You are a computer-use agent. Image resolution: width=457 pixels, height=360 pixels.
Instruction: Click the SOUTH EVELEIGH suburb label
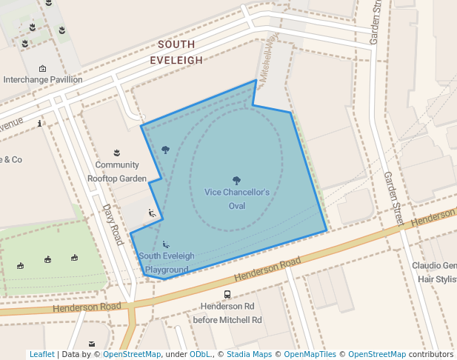176,51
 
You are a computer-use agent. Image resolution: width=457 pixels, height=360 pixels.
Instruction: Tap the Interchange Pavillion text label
43,79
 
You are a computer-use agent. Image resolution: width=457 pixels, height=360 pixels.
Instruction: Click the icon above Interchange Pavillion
42,68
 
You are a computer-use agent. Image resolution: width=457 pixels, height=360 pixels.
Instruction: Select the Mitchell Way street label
267,56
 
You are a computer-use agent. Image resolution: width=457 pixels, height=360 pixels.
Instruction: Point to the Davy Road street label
113,225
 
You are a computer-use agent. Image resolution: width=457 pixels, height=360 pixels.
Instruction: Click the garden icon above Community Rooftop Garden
116,153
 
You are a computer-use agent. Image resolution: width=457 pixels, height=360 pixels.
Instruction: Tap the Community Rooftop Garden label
117,171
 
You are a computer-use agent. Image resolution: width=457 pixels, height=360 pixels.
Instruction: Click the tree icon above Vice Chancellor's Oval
236,180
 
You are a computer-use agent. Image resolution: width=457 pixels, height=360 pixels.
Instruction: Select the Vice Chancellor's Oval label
236,199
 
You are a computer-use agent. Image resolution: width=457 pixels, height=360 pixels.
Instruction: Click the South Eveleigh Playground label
166,263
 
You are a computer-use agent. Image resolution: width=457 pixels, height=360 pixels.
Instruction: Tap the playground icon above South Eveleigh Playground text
165,244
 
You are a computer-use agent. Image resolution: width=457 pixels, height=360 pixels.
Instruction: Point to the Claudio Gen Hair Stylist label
434,273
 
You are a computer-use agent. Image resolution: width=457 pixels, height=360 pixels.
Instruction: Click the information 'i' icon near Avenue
39,124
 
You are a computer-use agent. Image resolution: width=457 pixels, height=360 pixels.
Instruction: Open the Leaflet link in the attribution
41,355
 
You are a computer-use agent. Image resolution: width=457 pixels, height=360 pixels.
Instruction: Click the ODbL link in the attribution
200,355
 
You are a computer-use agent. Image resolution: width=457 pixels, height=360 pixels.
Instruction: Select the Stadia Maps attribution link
248,355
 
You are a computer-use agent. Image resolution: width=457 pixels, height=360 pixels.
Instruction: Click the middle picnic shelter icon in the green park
47,259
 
